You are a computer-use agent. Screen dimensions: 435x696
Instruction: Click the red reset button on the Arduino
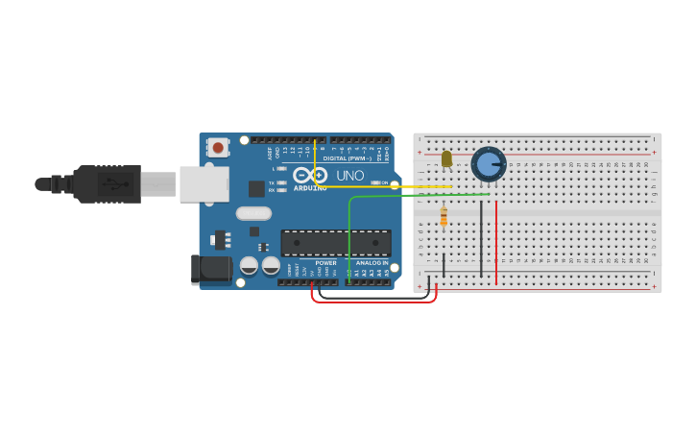(x=218, y=148)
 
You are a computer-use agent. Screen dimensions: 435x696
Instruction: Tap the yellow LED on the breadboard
(x=446, y=158)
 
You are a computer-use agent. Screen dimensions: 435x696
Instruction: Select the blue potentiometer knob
(x=489, y=164)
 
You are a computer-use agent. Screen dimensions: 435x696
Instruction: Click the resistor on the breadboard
(x=444, y=217)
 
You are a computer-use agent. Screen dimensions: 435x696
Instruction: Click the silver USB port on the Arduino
(x=204, y=183)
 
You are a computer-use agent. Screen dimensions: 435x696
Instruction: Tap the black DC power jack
(x=211, y=270)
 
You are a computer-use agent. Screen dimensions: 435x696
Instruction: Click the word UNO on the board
(x=344, y=175)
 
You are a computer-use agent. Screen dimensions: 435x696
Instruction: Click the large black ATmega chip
(x=335, y=243)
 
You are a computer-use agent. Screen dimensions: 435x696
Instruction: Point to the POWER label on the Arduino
(x=326, y=262)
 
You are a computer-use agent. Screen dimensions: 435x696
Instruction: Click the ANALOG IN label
(x=372, y=262)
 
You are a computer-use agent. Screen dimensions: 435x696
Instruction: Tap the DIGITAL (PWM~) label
(x=348, y=157)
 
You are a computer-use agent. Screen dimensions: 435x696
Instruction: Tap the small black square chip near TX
(x=256, y=189)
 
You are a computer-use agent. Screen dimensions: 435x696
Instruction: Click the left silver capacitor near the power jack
(x=249, y=265)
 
